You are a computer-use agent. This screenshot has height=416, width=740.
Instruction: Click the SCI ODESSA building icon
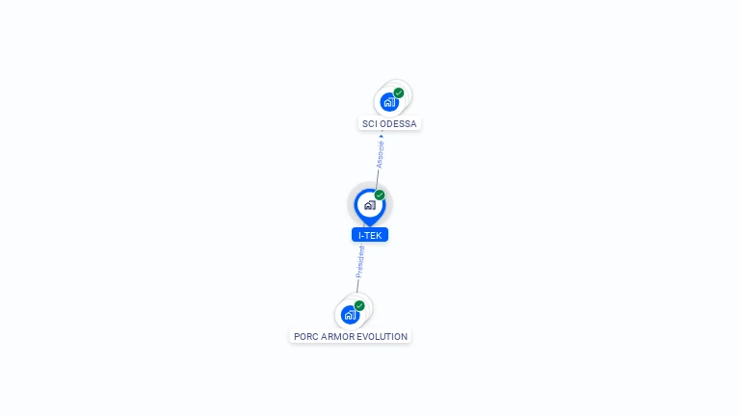[389, 102]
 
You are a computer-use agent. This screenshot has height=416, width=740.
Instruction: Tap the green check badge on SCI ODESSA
[399, 93]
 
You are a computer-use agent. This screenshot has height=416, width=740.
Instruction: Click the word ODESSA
[398, 124]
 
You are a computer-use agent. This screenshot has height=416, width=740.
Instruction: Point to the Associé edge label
[380, 155]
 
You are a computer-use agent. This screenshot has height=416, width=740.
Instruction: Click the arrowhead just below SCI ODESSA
[382, 136]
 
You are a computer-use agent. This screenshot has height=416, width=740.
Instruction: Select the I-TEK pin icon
[369, 205]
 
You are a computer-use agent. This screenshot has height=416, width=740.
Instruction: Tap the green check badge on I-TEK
[380, 195]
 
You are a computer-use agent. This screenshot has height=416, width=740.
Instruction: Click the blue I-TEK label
[370, 235]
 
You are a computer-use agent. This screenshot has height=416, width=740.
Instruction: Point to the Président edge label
[360, 261]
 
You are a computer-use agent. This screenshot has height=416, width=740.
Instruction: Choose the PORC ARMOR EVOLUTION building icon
[350, 314]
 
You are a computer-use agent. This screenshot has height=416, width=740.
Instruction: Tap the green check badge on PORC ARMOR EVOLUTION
[359, 305]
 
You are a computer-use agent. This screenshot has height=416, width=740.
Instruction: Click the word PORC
[305, 337]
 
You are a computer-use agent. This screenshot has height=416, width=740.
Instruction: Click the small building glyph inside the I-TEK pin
[369, 205]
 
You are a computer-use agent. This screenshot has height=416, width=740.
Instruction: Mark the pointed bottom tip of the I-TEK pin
[369, 225]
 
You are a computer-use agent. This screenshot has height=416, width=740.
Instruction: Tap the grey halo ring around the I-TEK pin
[352, 193]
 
